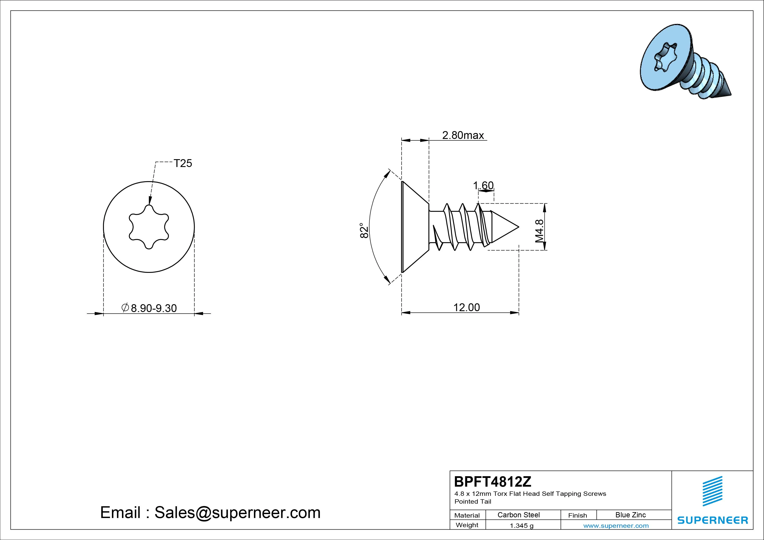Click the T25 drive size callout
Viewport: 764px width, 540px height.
tap(183, 163)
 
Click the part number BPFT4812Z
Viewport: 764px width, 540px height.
tap(493, 481)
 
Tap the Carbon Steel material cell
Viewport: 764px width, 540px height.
tap(518, 515)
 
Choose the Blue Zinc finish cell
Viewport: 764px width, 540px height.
tap(630, 515)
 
